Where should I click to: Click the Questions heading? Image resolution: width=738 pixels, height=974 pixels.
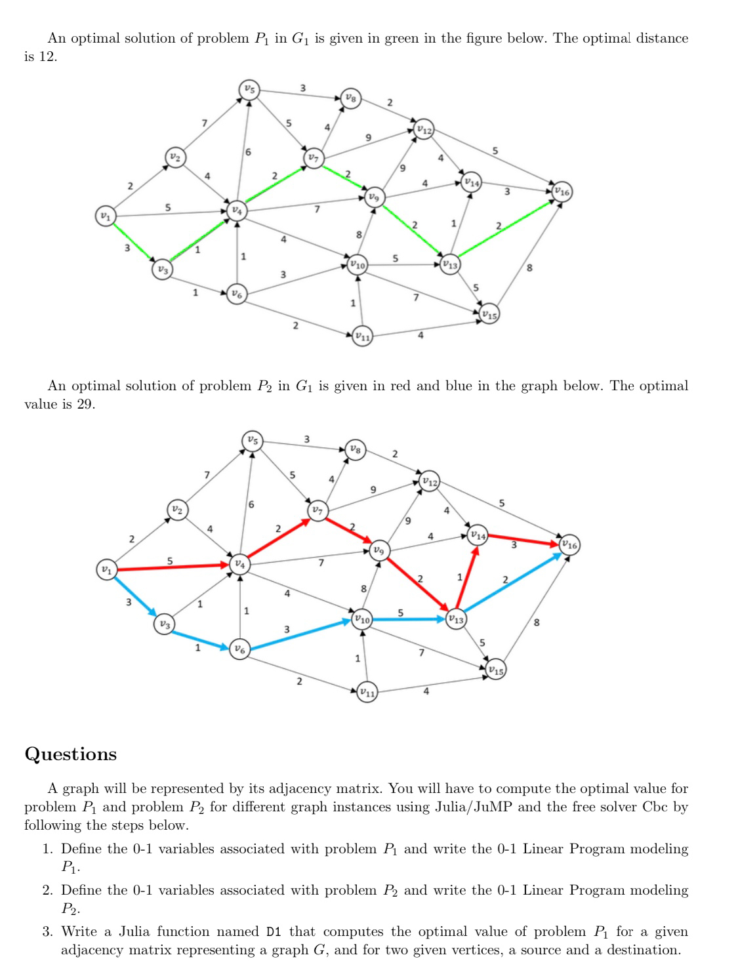[x=70, y=754]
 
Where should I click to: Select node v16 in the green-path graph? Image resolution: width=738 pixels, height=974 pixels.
[x=562, y=192]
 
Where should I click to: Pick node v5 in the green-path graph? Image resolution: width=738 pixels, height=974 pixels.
[x=249, y=89]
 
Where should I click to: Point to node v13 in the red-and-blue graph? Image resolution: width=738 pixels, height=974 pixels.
[x=456, y=619]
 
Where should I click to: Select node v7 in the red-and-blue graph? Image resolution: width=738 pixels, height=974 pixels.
[x=318, y=510]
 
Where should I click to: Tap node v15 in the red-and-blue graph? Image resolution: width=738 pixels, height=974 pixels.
[x=496, y=670]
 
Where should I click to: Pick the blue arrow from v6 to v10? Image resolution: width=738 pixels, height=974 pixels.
[x=299, y=634]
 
